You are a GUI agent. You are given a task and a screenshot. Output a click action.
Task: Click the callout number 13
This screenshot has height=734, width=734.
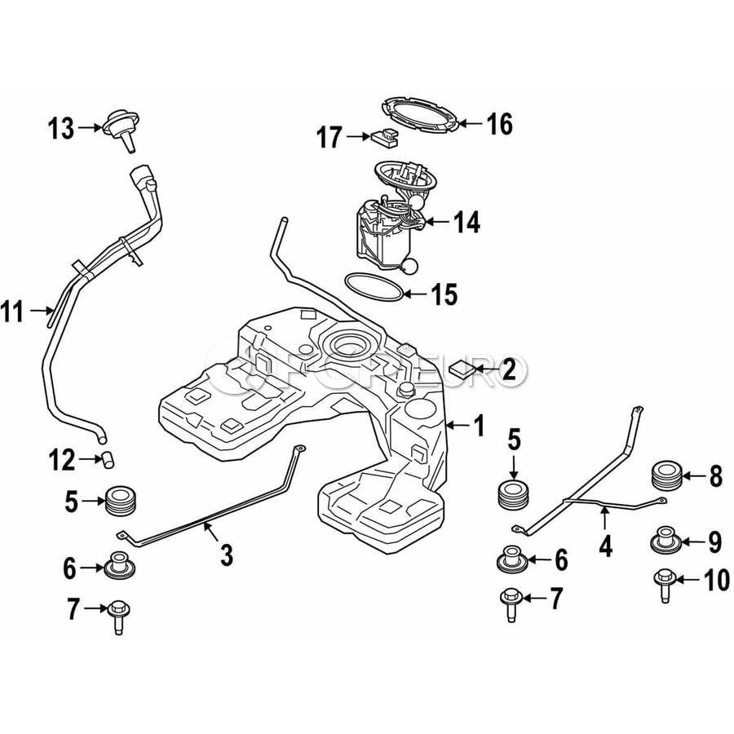pos(60,128)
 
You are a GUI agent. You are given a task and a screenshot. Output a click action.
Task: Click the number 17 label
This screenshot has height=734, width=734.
pos(329,138)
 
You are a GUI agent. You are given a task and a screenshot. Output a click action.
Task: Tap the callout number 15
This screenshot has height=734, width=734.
pos(444,294)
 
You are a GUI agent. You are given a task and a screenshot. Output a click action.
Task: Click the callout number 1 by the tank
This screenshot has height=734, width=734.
pos(479,425)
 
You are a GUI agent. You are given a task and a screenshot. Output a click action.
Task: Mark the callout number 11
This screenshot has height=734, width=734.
pos(14,311)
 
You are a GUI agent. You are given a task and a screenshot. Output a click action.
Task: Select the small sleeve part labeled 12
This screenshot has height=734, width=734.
pos(107,459)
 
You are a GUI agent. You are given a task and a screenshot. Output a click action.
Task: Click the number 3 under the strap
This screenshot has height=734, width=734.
pos(226,555)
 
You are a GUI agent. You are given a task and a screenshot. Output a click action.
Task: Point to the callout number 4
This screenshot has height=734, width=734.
pos(605,544)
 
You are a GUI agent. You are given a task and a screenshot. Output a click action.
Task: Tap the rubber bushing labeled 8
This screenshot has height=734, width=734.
pos(667,477)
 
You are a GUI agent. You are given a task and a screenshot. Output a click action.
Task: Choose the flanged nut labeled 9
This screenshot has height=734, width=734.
pos(665,541)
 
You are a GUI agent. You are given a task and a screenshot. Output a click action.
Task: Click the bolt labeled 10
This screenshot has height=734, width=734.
pos(662,584)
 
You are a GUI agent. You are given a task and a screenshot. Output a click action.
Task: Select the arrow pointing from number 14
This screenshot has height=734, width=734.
pos(436,220)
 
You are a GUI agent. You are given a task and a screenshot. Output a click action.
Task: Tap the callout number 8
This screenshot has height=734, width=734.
pos(715,476)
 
